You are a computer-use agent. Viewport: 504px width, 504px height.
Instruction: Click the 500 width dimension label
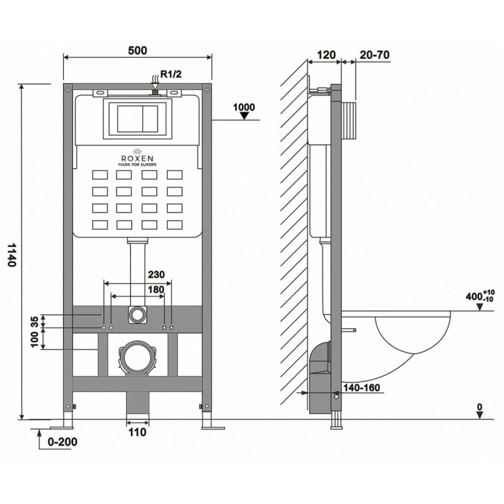point(137,50)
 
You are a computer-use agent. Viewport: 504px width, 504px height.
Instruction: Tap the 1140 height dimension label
point(11,255)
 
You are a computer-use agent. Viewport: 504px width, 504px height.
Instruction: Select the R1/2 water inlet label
point(171,74)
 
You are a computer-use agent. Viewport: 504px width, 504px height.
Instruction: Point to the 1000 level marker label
point(244,107)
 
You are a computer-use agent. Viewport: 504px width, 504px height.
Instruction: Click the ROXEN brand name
point(137,158)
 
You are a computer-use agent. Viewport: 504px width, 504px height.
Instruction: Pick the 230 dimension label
point(156,275)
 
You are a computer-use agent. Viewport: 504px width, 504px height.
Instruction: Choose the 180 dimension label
point(156,290)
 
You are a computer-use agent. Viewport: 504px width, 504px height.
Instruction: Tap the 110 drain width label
point(137,432)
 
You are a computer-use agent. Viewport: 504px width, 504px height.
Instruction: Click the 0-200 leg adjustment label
point(62,442)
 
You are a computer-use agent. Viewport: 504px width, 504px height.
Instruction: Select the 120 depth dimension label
point(326,55)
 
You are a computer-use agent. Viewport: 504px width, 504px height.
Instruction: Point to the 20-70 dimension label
point(374,55)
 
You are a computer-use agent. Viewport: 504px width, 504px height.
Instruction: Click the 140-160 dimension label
point(362,388)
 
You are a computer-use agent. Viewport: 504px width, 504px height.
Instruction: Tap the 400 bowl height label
point(480,295)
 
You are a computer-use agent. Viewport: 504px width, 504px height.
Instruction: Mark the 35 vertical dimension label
point(35,321)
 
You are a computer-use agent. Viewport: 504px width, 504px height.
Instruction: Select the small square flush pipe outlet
point(137,314)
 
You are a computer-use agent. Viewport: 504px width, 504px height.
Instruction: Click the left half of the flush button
point(130,118)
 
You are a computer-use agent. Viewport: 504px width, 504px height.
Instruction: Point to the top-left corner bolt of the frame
point(68,89)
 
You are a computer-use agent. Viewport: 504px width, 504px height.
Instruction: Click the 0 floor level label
point(479,407)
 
